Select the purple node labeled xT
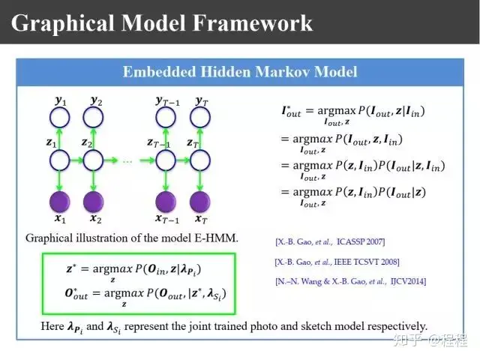click(x=200, y=202)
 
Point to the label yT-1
click(x=166, y=100)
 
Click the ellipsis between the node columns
click(x=128, y=160)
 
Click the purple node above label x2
click(x=93, y=202)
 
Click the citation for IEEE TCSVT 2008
click(x=337, y=261)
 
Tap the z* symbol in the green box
click(x=72, y=267)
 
